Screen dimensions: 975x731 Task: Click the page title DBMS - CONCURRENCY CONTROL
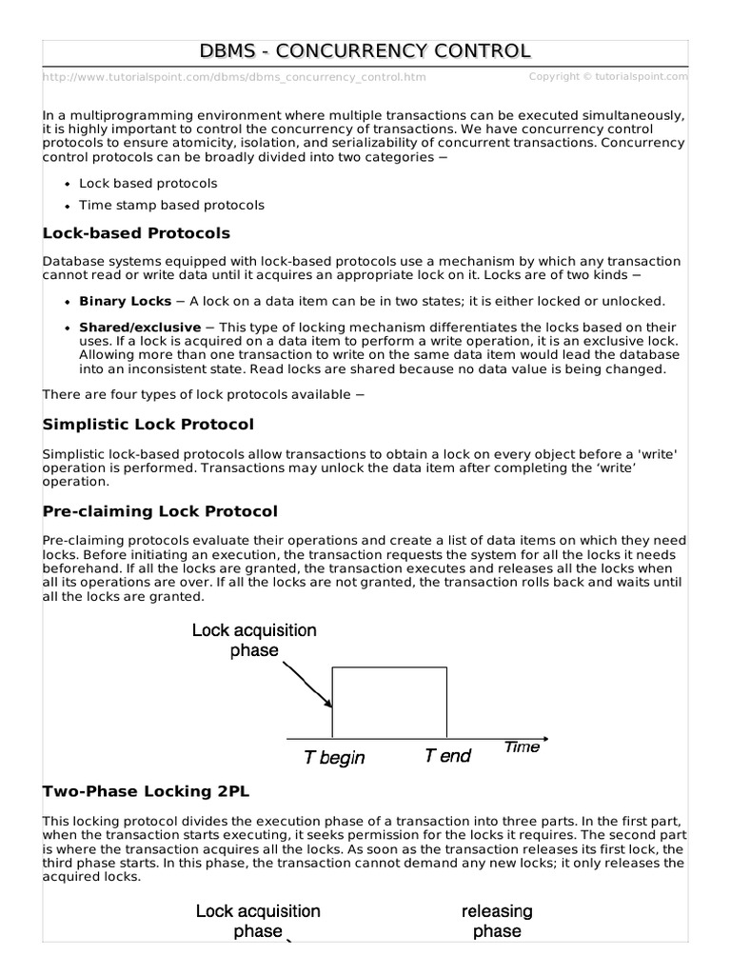click(x=365, y=50)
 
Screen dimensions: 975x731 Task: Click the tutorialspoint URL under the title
click(x=234, y=77)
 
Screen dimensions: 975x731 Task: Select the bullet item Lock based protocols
click(x=148, y=183)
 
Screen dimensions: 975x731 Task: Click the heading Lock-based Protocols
click(x=136, y=233)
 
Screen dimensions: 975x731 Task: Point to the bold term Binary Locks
click(x=125, y=301)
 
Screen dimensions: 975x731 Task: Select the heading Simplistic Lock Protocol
click(x=148, y=424)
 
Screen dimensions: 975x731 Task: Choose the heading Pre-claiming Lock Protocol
click(x=160, y=511)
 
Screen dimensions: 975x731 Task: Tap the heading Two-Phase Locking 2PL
click(x=146, y=791)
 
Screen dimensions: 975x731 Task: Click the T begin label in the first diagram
click(x=334, y=758)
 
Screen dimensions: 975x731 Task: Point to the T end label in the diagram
click(x=447, y=756)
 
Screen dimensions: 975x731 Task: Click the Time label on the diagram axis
click(x=522, y=746)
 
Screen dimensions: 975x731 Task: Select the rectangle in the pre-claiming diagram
click(x=389, y=702)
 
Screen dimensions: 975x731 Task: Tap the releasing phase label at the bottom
click(x=497, y=921)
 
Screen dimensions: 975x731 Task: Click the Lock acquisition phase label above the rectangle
click(x=254, y=640)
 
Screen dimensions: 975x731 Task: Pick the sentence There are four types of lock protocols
click(x=204, y=394)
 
